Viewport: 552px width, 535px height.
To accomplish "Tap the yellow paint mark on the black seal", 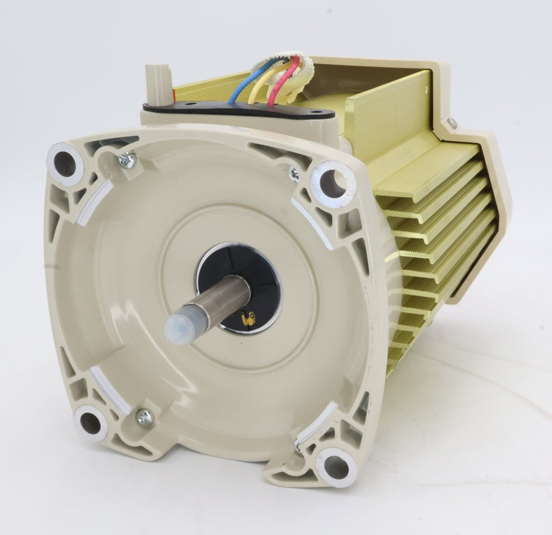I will [x=250, y=320].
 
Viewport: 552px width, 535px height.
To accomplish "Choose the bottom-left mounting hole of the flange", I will [x=90, y=423].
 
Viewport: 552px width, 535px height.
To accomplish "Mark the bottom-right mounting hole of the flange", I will [x=336, y=466].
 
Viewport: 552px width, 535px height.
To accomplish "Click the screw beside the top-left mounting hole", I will [x=126, y=161].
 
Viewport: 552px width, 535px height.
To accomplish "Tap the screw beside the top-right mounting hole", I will [x=294, y=174].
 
